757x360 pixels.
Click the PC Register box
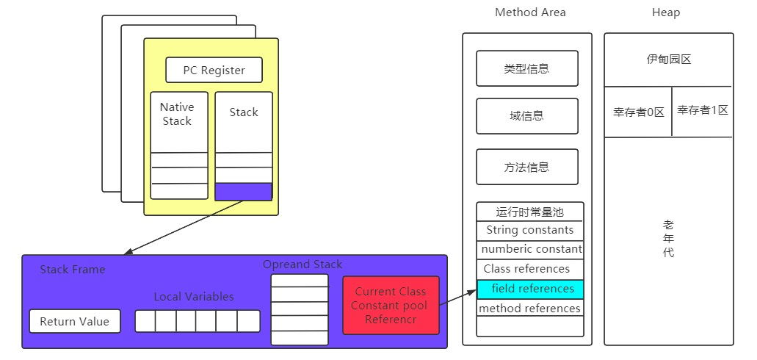pos(214,71)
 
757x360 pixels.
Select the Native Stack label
pos(177,114)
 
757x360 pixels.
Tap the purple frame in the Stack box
pos(244,191)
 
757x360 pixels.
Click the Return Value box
pos(75,321)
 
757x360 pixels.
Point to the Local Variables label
pos(194,297)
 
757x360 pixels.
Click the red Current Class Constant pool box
pos(391,305)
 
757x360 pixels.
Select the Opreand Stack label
pos(303,264)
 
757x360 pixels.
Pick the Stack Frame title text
pos(73,270)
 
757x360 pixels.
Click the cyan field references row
pos(530,289)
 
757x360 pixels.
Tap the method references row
pos(530,309)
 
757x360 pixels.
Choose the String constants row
pos(530,230)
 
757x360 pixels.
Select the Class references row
pos(526,269)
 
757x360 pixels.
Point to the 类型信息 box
pos(527,69)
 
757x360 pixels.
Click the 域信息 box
pos(527,116)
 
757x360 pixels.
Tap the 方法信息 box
pos(527,167)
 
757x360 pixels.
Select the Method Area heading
pos(530,12)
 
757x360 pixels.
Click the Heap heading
pos(666,12)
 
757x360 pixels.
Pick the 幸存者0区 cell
pos(639,112)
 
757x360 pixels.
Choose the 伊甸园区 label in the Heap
pos(668,60)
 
